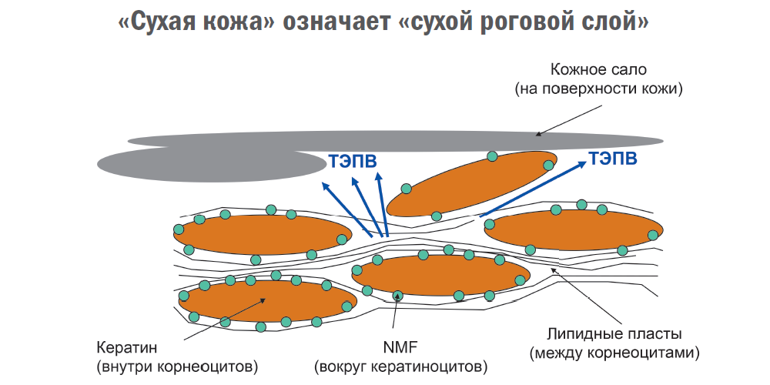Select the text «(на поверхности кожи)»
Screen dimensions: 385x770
599,89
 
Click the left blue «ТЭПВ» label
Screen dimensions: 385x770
353,161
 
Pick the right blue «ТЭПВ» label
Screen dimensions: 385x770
613,159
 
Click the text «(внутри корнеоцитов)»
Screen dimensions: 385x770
177,364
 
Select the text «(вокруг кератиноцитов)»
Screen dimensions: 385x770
400,364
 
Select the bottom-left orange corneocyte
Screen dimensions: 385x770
262,300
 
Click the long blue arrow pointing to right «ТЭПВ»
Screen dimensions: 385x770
531,189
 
